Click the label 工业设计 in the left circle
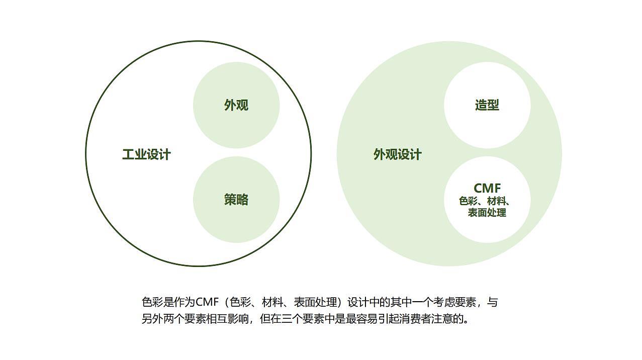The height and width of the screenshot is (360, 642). point(146,154)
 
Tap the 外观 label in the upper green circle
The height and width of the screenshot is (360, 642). point(236,105)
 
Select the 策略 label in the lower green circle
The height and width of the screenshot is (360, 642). point(236,200)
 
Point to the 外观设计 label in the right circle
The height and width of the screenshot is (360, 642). point(397,154)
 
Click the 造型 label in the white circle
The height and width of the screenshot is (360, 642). point(487,105)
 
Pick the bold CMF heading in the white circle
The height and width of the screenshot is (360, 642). point(487,188)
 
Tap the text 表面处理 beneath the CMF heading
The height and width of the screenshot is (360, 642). point(487,212)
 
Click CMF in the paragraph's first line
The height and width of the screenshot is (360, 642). point(206,302)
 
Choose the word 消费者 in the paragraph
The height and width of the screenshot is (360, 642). point(416,319)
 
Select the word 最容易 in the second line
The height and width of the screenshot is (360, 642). point(363,319)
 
